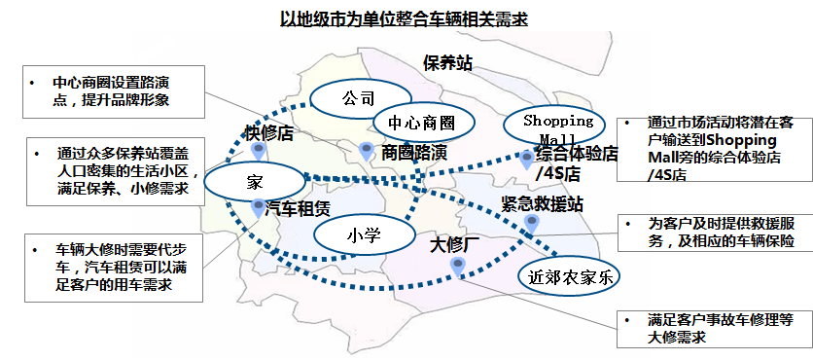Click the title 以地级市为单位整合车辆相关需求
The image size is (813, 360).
[404, 19]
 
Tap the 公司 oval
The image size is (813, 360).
[358, 97]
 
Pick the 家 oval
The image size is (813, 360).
[254, 183]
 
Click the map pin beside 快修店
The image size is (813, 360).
[259, 152]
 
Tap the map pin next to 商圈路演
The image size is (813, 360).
[367, 152]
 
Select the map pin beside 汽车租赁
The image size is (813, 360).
[259, 208]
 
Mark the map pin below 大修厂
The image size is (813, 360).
[457, 268]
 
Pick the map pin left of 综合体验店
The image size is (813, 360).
[527, 160]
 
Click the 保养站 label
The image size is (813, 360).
[447, 63]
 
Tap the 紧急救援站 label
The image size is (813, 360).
[542, 204]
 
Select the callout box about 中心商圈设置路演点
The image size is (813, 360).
[114, 91]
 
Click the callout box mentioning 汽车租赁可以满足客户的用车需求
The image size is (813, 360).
[114, 268]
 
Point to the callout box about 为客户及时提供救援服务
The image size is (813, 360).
[716, 233]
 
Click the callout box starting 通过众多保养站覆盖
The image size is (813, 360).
[116, 171]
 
